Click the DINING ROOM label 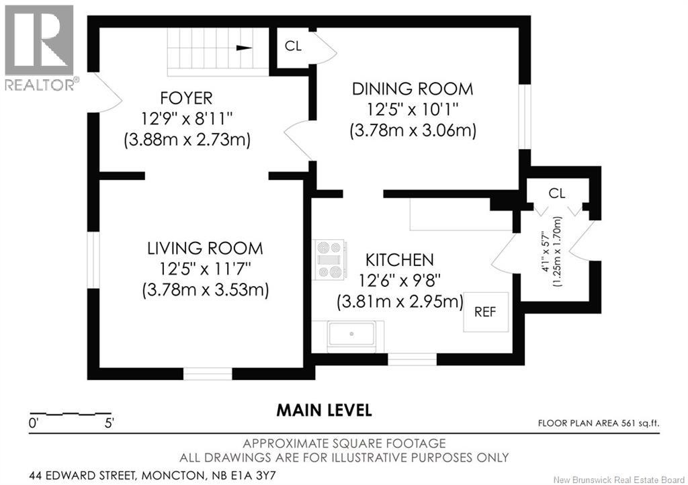click(x=413, y=89)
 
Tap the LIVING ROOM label click(x=205, y=248)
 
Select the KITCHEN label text click(x=399, y=259)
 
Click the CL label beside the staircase click(x=293, y=46)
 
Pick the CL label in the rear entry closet click(x=557, y=193)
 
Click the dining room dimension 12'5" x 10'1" click(x=413, y=109)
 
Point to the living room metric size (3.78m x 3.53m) click(x=205, y=290)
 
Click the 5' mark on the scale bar click(x=109, y=423)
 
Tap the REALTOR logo click(x=39, y=47)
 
